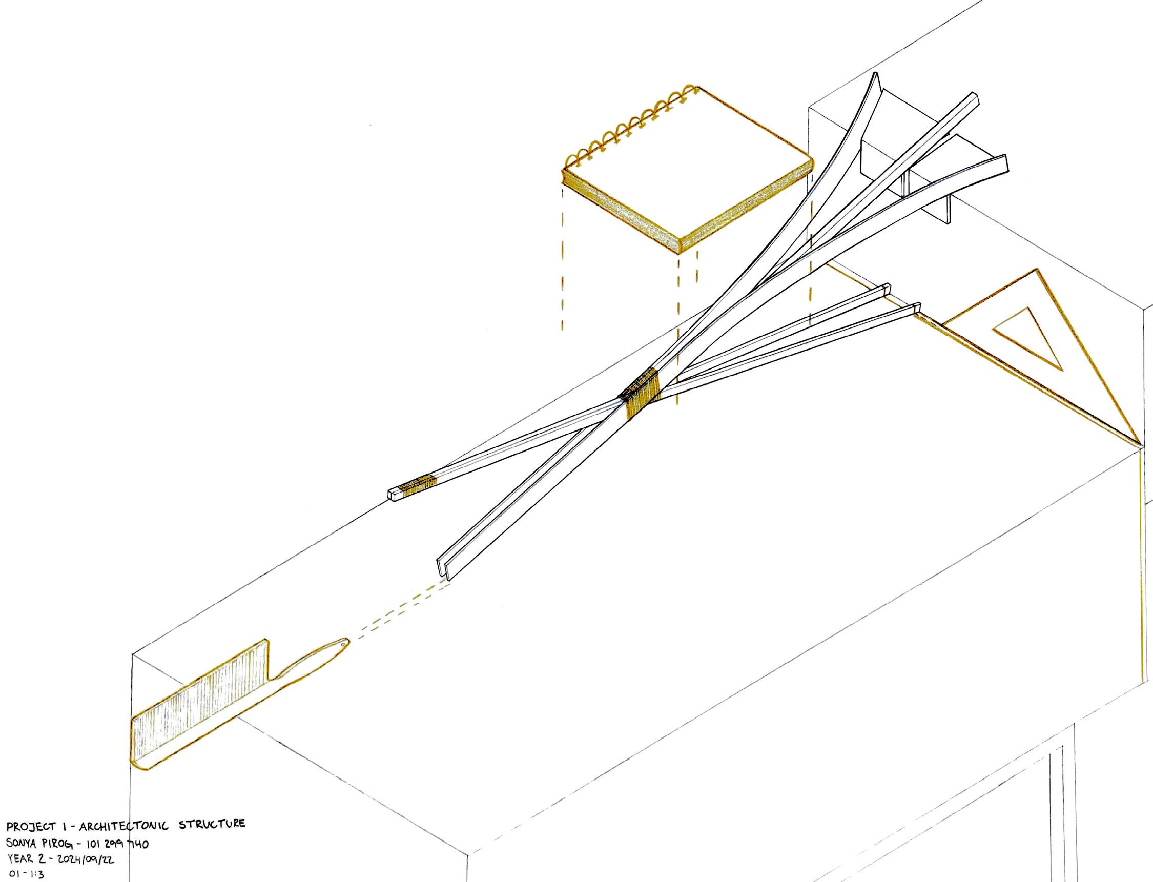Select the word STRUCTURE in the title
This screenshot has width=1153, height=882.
(212, 824)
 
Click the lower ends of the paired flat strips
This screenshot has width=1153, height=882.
(444, 569)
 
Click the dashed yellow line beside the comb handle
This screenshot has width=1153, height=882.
(399, 611)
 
